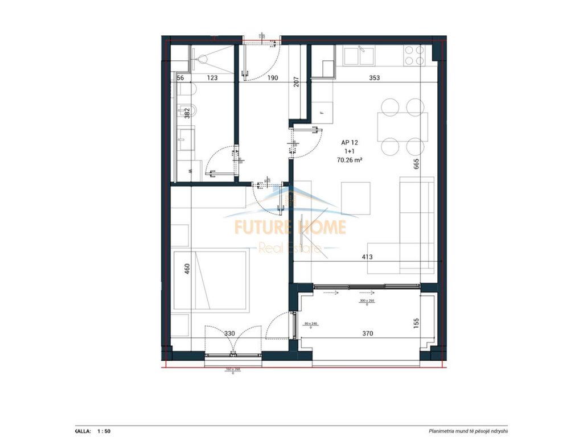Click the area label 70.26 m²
point(350,160)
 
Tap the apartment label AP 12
point(350,143)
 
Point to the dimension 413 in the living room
point(367,257)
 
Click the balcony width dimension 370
point(367,333)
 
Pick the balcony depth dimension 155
point(416,323)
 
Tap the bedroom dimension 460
point(186,269)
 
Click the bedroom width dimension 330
point(228,333)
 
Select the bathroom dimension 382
point(186,113)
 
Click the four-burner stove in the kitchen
point(414,56)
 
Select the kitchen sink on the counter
point(359,56)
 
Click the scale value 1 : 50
point(104,431)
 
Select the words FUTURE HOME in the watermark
point(290,227)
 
